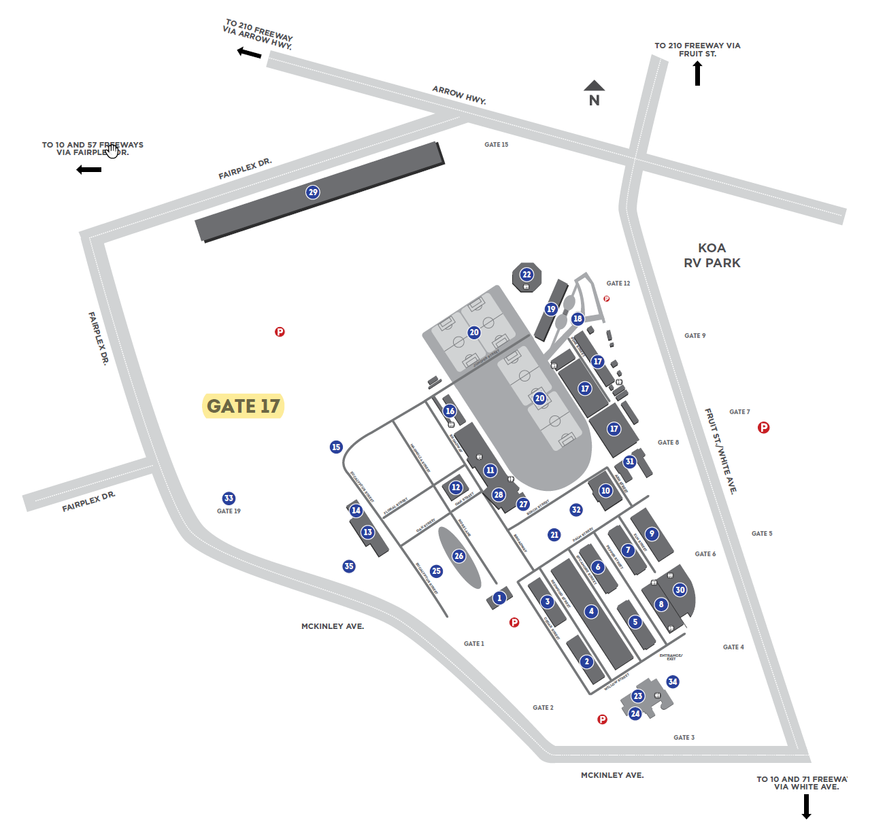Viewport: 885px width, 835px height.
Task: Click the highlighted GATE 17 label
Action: click(243, 406)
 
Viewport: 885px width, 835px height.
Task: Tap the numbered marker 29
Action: click(313, 192)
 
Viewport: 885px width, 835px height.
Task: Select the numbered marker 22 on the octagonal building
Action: click(527, 275)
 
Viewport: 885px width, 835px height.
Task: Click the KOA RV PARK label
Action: click(712, 255)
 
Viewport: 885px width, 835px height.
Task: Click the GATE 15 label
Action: click(496, 145)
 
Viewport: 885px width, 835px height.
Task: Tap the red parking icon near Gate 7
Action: click(764, 428)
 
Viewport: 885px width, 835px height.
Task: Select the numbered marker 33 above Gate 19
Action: click(229, 498)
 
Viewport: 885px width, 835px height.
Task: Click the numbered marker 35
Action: click(349, 566)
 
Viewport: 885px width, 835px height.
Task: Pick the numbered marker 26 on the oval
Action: click(458, 556)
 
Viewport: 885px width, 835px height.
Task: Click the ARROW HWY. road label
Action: click(459, 95)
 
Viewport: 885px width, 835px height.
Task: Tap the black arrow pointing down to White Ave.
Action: click(807, 806)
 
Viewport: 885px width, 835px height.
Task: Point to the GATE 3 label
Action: click(684, 737)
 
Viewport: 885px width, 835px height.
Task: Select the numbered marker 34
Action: click(673, 682)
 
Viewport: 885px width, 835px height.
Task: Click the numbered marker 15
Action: click(336, 447)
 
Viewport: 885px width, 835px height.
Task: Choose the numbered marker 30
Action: click(680, 590)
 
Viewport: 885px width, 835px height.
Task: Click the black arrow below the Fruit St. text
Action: click(697, 73)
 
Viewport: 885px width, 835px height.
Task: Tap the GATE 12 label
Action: click(618, 284)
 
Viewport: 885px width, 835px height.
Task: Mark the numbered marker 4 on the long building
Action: click(591, 611)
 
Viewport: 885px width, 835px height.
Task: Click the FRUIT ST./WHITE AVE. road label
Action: click(720, 451)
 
